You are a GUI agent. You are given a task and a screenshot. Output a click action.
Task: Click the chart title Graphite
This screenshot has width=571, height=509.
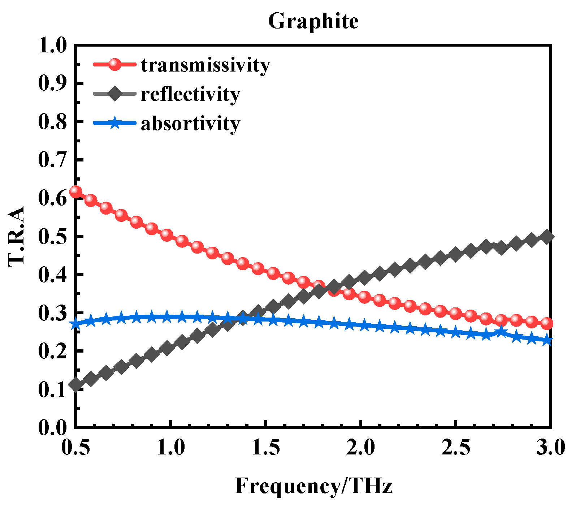coord(313,21)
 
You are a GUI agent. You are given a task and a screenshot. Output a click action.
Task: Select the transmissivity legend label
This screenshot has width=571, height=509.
coord(205,65)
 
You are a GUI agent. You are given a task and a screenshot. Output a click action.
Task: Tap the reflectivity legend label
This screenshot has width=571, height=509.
coord(190,94)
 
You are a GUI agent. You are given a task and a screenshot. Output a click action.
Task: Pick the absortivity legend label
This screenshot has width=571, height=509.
coord(190,124)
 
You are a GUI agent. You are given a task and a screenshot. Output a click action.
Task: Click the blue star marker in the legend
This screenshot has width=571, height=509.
coord(114,123)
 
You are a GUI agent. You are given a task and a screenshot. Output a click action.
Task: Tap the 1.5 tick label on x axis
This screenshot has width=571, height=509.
coord(265,447)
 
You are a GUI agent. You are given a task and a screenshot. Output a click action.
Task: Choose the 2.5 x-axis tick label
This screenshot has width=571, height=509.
coord(456,447)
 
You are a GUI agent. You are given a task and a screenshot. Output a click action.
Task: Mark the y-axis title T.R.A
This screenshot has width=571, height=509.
coord(16,236)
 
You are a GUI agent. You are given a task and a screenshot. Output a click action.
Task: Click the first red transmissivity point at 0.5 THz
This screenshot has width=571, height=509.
coord(75,191)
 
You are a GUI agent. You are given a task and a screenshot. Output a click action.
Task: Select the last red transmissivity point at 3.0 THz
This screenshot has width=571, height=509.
coord(547,323)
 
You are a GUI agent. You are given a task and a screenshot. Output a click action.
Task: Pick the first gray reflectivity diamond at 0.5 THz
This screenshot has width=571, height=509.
coord(75,384)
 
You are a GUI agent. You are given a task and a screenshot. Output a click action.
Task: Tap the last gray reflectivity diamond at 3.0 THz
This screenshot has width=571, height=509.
coord(547,237)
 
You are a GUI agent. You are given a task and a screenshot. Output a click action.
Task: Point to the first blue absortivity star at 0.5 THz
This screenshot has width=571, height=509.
coord(75,324)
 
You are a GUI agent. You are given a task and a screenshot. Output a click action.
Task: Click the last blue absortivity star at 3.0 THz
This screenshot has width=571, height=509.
coord(547,340)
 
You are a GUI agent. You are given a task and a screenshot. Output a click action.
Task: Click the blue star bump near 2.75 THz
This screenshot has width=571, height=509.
coord(501,331)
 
